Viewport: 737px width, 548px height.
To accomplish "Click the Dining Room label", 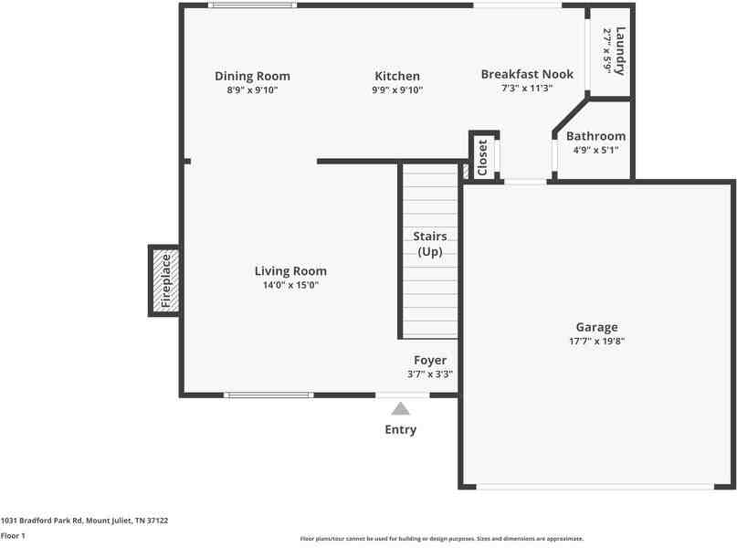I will click(x=252, y=76).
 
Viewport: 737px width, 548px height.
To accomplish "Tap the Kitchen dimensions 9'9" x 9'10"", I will click(x=397, y=90).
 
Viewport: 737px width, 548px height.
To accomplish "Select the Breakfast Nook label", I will click(x=527, y=74).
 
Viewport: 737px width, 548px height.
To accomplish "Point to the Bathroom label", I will click(x=595, y=136).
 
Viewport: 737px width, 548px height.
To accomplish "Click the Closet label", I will click(x=483, y=157).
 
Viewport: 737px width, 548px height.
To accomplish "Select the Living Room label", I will click(x=290, y=271).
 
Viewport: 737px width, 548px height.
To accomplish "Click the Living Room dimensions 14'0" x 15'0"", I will click(x=290, y=286).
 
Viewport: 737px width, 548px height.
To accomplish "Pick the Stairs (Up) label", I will click(x=430, y=244).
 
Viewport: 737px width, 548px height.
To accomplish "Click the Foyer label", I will click(x=430, y=360).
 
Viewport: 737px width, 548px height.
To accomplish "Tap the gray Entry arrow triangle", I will click(x=401, y=409).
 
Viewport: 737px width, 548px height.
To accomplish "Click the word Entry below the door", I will click(x=401, y=429).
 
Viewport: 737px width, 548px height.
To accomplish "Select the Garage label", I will click(x=596, y=327).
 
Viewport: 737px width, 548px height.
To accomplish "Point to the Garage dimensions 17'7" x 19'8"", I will click(x=596, y=342).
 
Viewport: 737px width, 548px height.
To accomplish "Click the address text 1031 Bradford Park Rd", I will click(x=84, y=521).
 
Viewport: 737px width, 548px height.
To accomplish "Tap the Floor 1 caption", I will click(x=13, y=536).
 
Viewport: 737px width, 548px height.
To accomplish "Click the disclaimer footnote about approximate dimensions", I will click(x=441, y=539).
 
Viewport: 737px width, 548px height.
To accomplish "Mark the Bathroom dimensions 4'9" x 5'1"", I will click(x=595, y=151).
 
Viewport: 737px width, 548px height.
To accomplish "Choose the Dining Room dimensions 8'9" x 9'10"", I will click(x=252, y=90).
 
